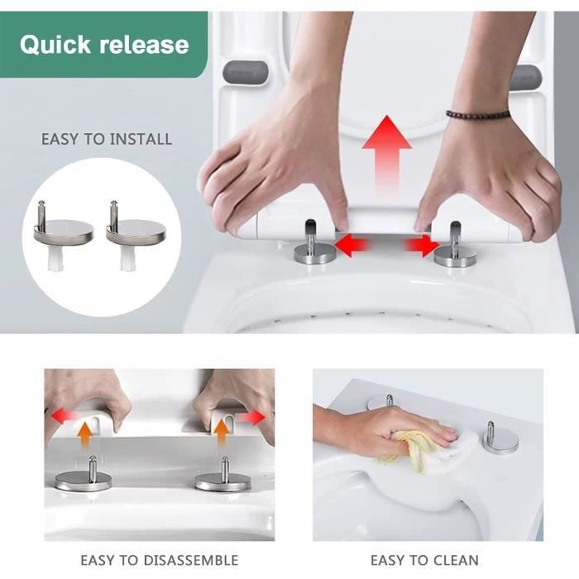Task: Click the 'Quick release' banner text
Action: [x=104, y=45]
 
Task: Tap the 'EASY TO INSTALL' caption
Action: [x=107, y=138]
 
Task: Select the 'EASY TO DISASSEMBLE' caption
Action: [x=159, y=560]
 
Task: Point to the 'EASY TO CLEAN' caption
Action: [x=424, y=560]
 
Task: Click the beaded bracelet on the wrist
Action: [x=478, y=113]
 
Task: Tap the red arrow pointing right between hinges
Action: [x=420, y=245]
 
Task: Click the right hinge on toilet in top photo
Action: [x=456, y=248]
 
